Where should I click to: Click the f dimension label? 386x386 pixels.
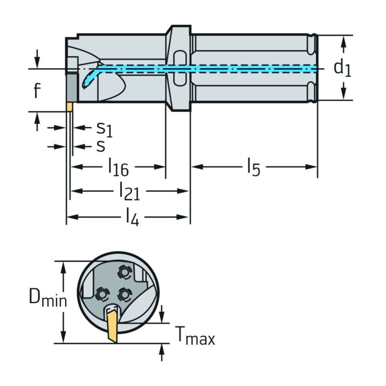(37, 90)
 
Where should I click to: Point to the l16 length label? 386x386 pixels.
(118, 167)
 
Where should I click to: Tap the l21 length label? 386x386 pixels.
(130, 191)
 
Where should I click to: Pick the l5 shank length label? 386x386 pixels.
(254, 167)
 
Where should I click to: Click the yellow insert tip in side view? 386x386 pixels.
(69, 107)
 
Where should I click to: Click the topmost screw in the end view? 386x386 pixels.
(124, 273)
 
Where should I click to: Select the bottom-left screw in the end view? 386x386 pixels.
(101, 294)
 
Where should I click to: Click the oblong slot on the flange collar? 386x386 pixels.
(180, 69)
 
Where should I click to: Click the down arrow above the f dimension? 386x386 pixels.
(37, 59)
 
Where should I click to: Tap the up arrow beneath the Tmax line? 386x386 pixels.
(162, 352)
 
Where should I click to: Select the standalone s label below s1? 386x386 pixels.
(100, 147)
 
